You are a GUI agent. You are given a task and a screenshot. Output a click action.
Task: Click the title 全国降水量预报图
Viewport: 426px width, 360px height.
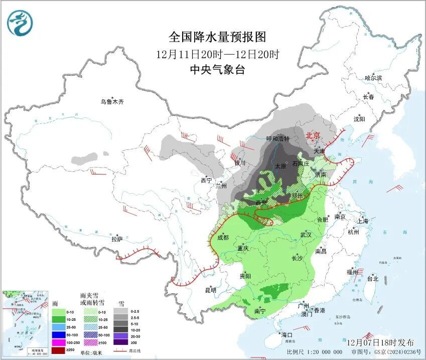217,37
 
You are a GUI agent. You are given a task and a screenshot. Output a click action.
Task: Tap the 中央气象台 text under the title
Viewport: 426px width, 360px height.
217,70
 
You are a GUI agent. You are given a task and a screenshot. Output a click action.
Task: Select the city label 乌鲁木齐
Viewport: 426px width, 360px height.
111,102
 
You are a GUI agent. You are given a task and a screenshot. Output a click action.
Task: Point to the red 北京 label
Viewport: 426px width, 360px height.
313,135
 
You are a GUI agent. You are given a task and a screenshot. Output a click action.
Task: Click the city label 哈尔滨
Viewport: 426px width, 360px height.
373,78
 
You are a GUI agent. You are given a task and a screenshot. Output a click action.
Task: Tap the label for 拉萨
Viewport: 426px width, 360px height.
117,239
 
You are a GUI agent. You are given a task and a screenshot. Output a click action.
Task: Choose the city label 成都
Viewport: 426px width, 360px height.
223,238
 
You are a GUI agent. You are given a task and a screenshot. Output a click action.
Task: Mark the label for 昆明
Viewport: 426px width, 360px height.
210,290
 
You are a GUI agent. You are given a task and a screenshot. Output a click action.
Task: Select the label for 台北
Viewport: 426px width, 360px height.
373,279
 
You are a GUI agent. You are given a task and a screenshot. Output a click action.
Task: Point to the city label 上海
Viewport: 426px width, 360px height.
362,221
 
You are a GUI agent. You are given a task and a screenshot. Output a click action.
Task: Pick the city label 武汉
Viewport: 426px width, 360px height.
306,235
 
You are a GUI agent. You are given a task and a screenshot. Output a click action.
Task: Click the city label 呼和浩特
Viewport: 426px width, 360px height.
277,138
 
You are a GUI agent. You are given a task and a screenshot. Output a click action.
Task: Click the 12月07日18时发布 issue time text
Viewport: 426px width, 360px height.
381,342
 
